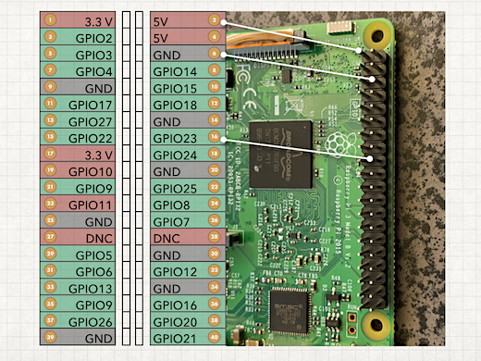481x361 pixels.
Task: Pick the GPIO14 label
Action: point(175,71)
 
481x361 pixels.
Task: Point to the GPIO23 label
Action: point(175,138)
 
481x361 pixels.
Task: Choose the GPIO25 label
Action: point(175,188)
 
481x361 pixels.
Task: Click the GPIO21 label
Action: point(175,338)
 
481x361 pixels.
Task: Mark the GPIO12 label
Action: point(175,271)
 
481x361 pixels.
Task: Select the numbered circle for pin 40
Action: point(215,338)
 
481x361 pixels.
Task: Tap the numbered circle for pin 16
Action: point(215,138)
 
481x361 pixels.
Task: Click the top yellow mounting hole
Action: point(375,36)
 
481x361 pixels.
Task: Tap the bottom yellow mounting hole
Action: point(375,324)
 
